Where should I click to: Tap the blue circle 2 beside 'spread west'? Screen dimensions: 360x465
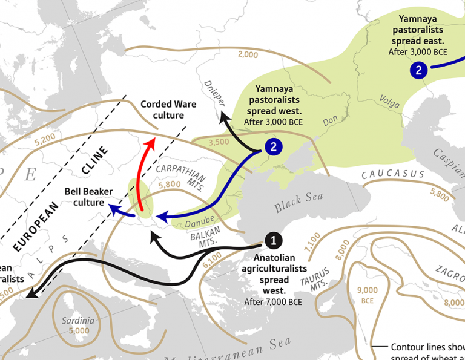coord(274,146)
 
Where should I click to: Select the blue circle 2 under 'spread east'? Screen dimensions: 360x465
coord(418,71)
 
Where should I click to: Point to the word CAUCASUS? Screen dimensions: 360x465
coord(393,174)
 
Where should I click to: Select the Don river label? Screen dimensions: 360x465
coord(329,121)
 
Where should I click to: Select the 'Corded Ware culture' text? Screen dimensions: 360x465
coord(168,110)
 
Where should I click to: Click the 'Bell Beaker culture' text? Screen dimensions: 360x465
coord(88,197)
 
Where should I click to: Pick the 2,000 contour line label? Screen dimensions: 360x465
coord(248,55)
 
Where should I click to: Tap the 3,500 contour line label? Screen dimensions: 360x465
coord(219,143)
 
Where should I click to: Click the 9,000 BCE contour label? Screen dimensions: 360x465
coord(368,295)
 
